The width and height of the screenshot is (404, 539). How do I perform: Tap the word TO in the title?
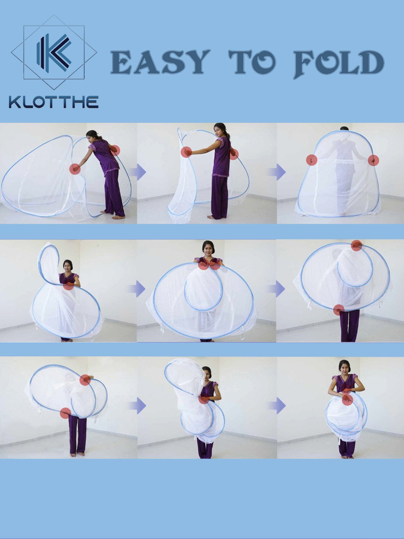(x=252, y=62)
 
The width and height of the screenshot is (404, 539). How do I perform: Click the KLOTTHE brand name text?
(x=53, y=102)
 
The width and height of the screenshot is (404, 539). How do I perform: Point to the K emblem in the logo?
(x=54, y=52)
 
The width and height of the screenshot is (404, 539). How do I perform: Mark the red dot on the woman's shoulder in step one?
(x=115, y=150)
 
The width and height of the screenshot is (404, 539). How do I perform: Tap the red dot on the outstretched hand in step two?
(x=186, y=152)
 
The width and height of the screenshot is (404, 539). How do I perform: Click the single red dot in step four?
(x=68, y=285)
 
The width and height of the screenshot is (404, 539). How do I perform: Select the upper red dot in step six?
(x=356, y=245)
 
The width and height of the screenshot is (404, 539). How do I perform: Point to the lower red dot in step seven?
(x=65, y=413)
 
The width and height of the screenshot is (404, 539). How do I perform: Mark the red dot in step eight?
(x=204, y=399)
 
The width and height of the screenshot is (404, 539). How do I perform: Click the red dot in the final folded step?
(x=347, y=399)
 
